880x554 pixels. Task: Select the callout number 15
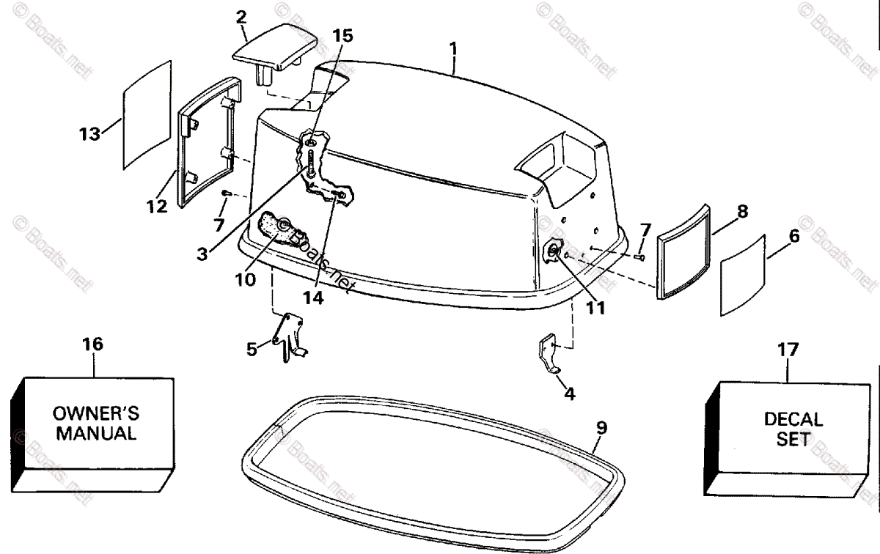pos(342,34)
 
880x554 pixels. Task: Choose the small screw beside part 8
pos(639,257)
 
